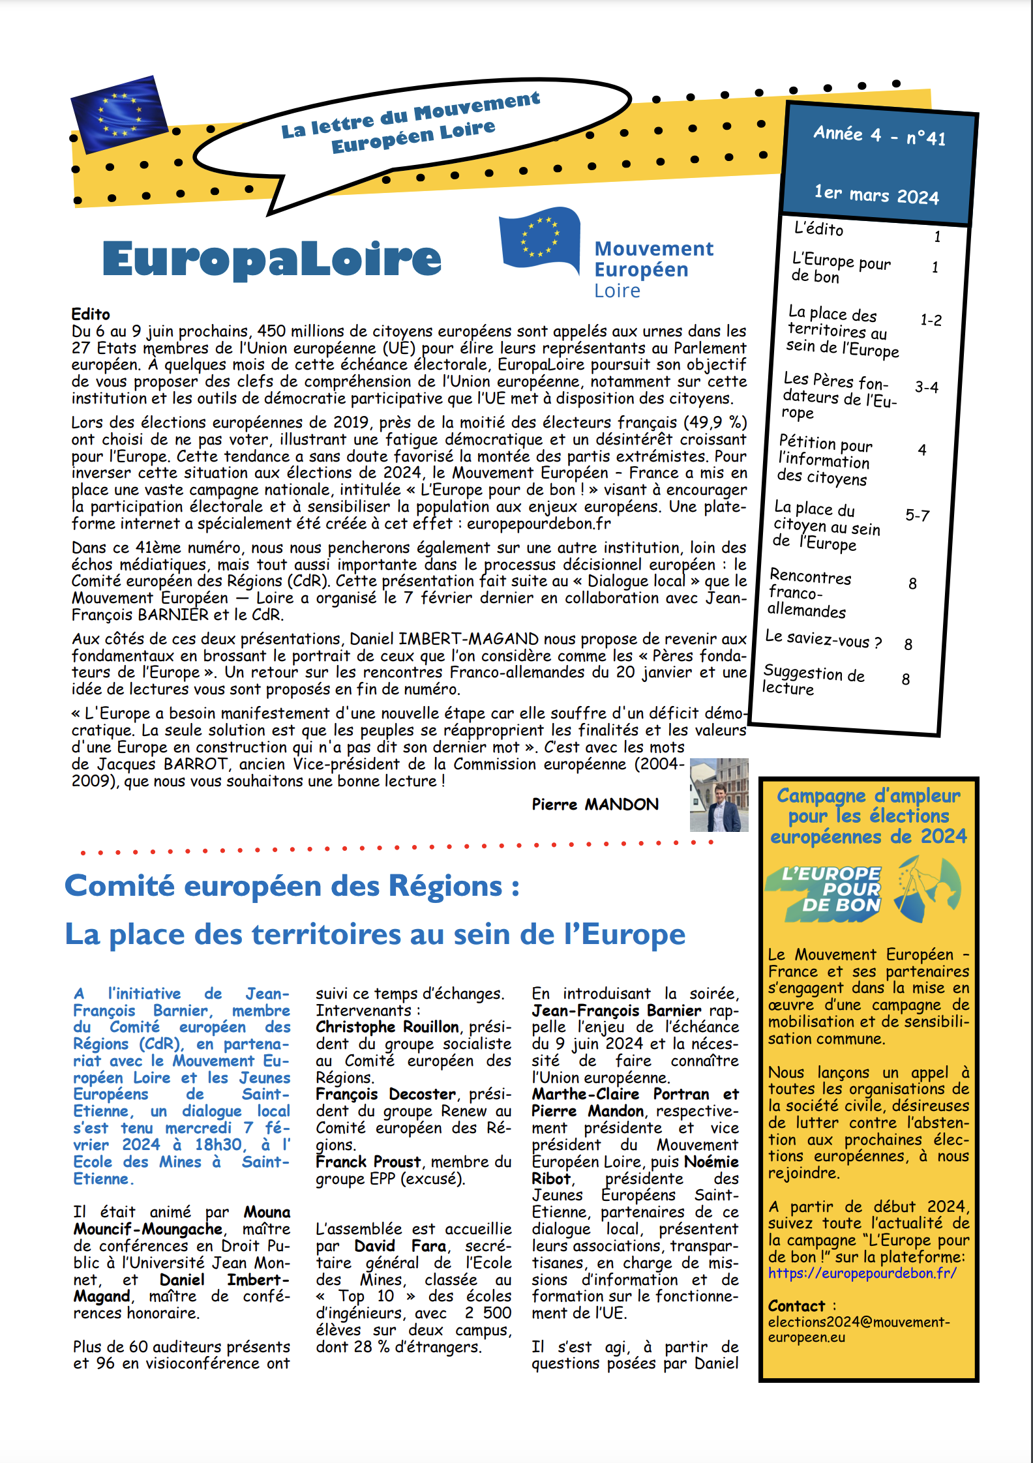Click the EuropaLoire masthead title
[x=272, y=259]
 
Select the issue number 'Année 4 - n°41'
[x=878, y=136]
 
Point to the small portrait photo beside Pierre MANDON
[x=719, y=795]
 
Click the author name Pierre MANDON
[x=595, y=805]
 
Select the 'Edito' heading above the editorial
[x=91, y=314]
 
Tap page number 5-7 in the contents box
[x=917, y=516]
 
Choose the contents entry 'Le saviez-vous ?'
[x=823, y=639]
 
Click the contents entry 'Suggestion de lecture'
[x=813, y=680]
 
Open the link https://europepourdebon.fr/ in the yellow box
[x=861, y=1273]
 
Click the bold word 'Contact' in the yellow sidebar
[x=796, y=1306]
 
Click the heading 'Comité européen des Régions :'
[x=292, y=887]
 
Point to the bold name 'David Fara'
[x=400, y=1246]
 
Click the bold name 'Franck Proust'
[x=368, y=1162]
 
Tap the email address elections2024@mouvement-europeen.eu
[x=858, y=1329]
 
